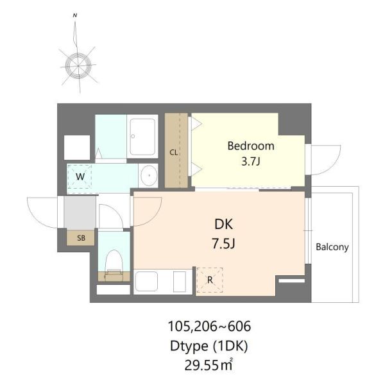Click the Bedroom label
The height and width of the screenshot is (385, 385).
pyautogui.click(x=251, y=146)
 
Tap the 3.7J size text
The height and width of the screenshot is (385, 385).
pyautogui.click(x=251, y=162)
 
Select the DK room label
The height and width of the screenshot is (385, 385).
pyautogui.click(x=223, y=224)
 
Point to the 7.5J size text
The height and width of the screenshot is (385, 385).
pyautogui.click(x=224, y=244)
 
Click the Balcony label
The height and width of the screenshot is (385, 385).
pyautogui.click(x=332, y=247)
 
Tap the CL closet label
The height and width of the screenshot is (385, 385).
pyautogui.click(x=174, y=153)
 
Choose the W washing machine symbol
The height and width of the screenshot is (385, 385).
pyautogui.click(x=80, y=176)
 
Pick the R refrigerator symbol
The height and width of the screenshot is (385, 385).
pyautogui.click(x=210, y=280)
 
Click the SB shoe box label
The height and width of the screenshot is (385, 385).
pyautogui.click(x=81, y=238)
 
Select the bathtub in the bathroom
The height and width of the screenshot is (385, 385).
pyautogui.click(x=142, y=137)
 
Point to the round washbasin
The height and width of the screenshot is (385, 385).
pyautogui.click(x=148, y=175)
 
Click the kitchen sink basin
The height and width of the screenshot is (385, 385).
pyautogui.click(x=146, y=282)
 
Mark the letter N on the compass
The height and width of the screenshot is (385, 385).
pyautogui.click(x=75, y=15)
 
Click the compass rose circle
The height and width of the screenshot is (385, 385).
pyautogui.click(x=78, y=65)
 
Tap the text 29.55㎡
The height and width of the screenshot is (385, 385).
pyautogui.click(x=209, y=365)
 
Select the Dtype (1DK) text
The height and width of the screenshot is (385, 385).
pyautogui.click(x=209, y=346)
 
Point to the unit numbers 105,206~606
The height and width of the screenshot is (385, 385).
pyautogui.click(x=209, y=327)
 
